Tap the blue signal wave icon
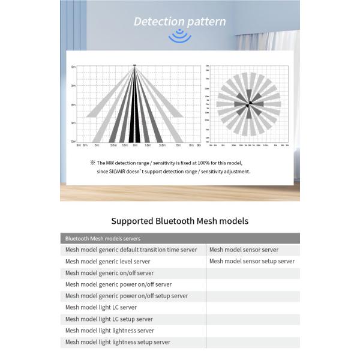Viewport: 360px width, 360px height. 179,37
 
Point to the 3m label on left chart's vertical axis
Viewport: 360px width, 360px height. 73,86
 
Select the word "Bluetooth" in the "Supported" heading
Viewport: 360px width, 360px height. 176,221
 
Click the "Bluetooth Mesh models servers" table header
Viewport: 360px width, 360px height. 103,238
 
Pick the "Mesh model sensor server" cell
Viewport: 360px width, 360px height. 244,250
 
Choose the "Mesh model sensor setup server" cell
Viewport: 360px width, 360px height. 252,261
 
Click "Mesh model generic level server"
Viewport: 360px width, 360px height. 108,262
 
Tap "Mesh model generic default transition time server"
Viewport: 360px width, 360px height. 131,250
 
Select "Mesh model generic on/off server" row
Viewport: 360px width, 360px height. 109,273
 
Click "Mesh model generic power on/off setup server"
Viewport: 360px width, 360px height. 127,296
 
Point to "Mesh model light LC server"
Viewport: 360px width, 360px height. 101,307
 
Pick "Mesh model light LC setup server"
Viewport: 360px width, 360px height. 109,319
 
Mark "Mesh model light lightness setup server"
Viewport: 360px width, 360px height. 118,342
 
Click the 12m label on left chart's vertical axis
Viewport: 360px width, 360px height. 73,142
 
